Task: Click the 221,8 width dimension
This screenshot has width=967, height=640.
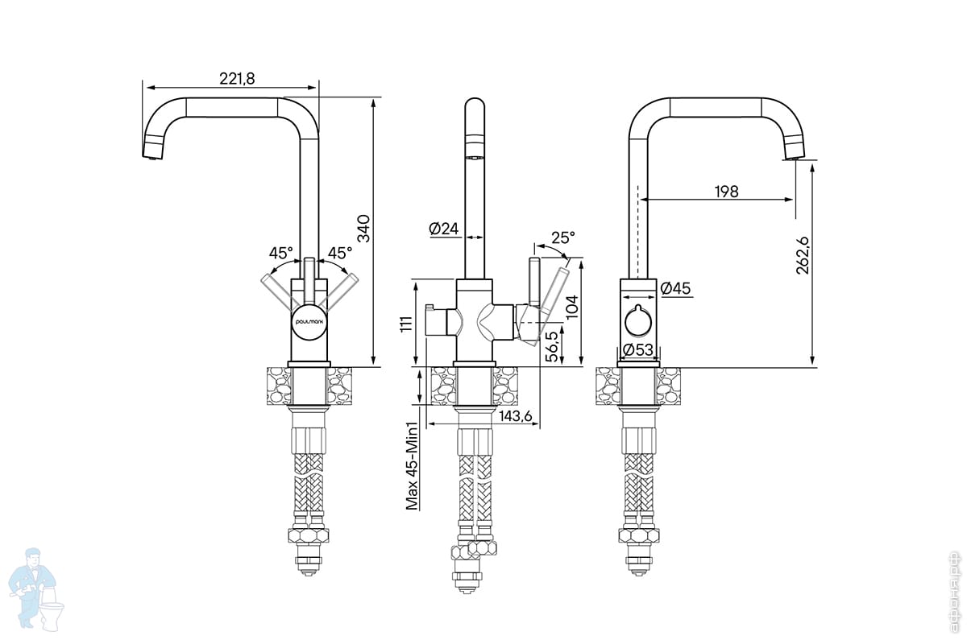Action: (237, 77)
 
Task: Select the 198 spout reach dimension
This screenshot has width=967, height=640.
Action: (725, 191)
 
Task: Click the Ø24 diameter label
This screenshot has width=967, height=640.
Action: (444, 229)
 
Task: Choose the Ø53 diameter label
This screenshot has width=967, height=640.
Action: (637, 349)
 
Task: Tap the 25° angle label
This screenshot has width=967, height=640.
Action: (563, 238)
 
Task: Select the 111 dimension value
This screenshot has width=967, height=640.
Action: (407, 324)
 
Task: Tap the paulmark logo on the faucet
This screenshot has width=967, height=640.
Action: (309, 319)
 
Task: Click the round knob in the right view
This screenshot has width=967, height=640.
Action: (639, 324)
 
